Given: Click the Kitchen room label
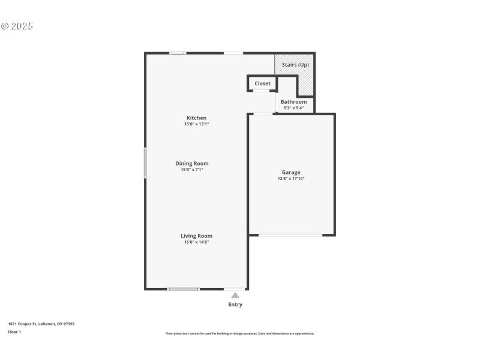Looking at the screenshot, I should (x=196, y=118).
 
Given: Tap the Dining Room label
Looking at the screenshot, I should (x=192, y=163).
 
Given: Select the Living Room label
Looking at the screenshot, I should (x=197, y=236).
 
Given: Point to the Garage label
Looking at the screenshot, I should (x=291, y=172).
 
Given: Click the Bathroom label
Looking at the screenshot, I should (x=293, y=102).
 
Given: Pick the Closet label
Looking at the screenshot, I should (x=262, y=83).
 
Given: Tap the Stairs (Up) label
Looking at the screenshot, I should (x=295, y=65).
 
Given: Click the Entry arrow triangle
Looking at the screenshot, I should (x=235, y=295).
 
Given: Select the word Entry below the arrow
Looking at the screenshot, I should (x=235, y=305).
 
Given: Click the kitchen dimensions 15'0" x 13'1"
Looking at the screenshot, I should (x=196, y=124).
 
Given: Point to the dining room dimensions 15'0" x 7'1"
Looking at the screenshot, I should (x=192, y=170).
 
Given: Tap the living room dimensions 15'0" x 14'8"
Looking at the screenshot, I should (x=197, y=242).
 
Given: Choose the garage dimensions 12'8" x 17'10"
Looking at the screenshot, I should (x=291, y=179).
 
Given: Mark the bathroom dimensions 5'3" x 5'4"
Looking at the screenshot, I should (x=293, y=108).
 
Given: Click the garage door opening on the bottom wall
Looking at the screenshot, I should (x=290, y=235).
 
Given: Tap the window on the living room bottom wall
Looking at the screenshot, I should (x=183, y=289).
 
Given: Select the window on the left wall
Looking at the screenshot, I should (x=145, y=163).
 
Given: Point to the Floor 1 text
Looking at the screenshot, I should (x=14, y=331).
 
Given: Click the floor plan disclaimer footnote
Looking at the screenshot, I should (x=239, y=334).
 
